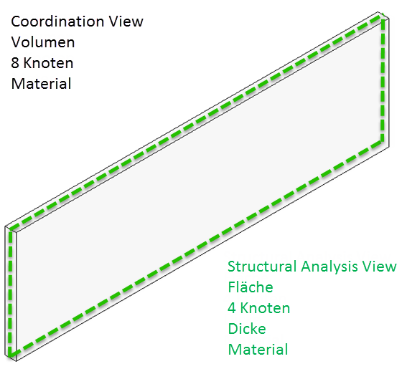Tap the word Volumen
pyautogui.click(x=43, y=42)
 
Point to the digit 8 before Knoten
pyautogui.click(x=16, y=63)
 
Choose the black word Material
pyautogui.click(x=41, y=84)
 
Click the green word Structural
pyautogui.click(x=261, y=267)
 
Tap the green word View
pyautogui.click(x=380, y=267)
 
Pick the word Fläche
pyautogui.click(x=251, y=287)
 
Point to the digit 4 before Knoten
pyautogui.click(x=233, y=308)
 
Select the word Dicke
pyautogui.click(x=247, y=329)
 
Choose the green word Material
pyautogui.click(x=258, y=350)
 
